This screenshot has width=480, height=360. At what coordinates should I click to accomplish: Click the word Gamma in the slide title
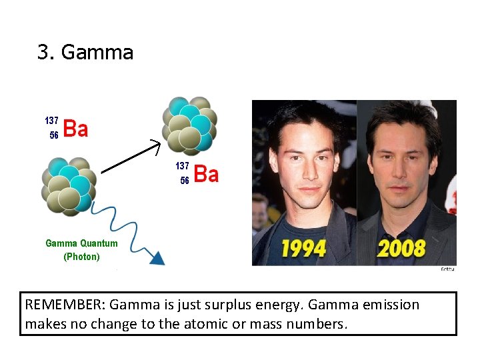[x=97, y=53]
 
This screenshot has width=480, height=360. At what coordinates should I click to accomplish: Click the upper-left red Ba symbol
[x=76, y=129]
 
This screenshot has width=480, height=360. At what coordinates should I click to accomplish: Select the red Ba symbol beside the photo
[x=206, y=175]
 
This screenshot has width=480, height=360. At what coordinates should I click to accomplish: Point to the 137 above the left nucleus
[x=51, y=121]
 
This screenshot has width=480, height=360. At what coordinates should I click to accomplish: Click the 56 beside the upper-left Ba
[x=54, y=135]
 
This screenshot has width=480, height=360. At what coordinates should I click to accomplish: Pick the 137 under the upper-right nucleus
[x=182, y=165]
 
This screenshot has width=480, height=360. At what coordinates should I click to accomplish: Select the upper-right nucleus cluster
[x=189, y=125]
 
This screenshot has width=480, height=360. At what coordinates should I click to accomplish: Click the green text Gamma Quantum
[x=81, y=243]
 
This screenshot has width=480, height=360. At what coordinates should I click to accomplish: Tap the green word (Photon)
[x=81, y=257]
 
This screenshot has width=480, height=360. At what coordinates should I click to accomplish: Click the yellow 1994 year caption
[x=303, y=249]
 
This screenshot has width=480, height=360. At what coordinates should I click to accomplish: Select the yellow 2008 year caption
[x=401, y=249]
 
